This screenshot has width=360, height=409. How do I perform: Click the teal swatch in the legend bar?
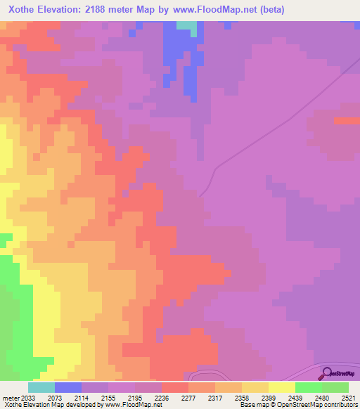point(41,387)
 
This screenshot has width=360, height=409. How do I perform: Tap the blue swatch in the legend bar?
point(68,387)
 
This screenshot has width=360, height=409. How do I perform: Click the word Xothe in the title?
point(24,11)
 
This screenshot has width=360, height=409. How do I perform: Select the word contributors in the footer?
point(340,405)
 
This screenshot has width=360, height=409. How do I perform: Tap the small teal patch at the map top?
point(186,25)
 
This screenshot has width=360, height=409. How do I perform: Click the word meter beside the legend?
point(9,397)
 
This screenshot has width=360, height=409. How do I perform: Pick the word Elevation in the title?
point(66,11)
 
